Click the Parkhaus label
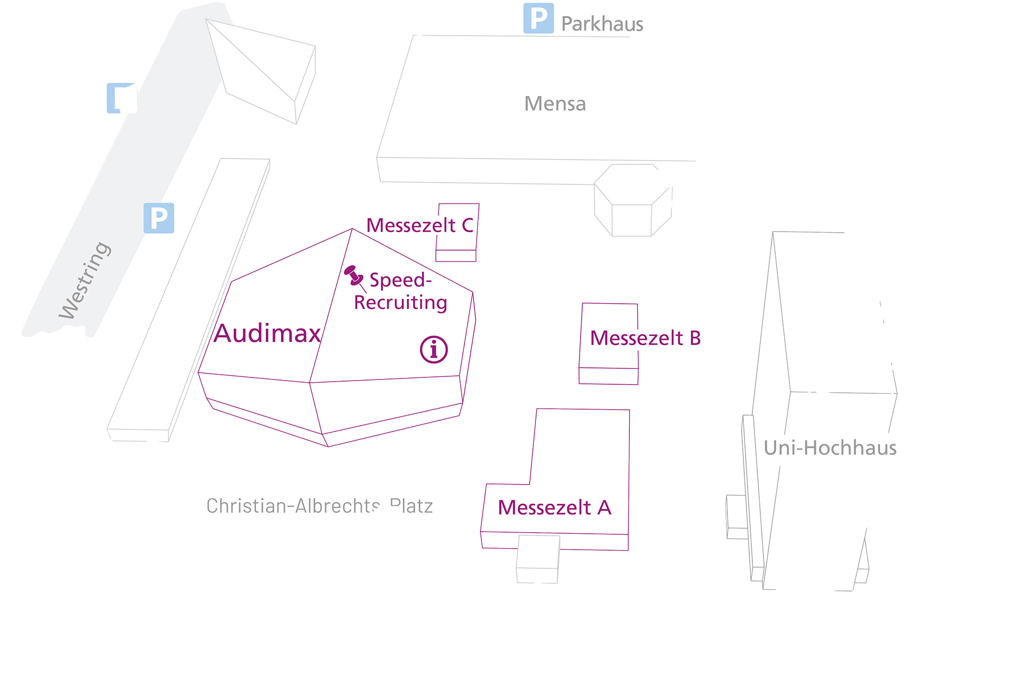point(602,24)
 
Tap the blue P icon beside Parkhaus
point(538,19)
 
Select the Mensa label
point(555,104)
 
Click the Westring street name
point(85,280)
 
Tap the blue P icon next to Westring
point(159,218)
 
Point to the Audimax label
point(267,333)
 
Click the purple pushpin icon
point(353,276)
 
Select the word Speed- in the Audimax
point(400,280)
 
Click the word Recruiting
point(400,303)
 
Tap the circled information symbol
point(434,350)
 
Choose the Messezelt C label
point(419,225)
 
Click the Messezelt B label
point(645,338)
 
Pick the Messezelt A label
point(554,508)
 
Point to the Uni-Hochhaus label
point(830,448)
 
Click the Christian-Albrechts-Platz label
point(319,506)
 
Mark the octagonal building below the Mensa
point(632,201)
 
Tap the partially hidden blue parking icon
point(121,98)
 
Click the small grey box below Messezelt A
point(538,559)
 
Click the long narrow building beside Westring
point(188,299)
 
